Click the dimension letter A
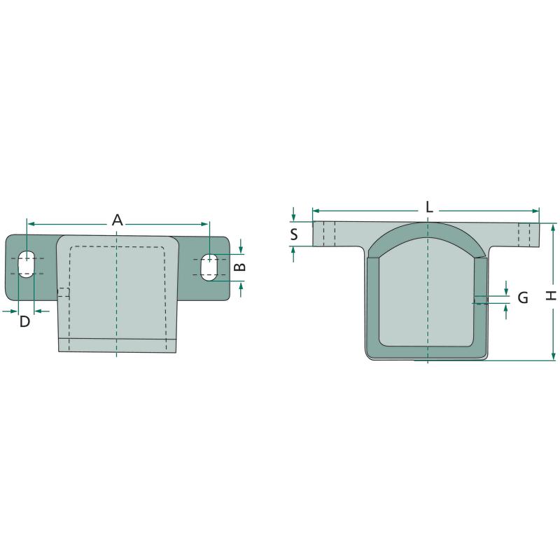click(x=117, y=220)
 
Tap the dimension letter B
click(x=241, y=267)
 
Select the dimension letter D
click(x=24, y=322)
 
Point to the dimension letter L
click(x=429, y=206)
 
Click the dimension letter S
click(x=294, y=234)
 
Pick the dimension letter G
click(x=523, y=297)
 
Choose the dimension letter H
click(x=552, y=295)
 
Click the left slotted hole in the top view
click(x=26, y=264)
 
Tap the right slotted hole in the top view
click(x=209, y=267)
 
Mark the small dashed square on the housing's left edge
click(x=64, y=292)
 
